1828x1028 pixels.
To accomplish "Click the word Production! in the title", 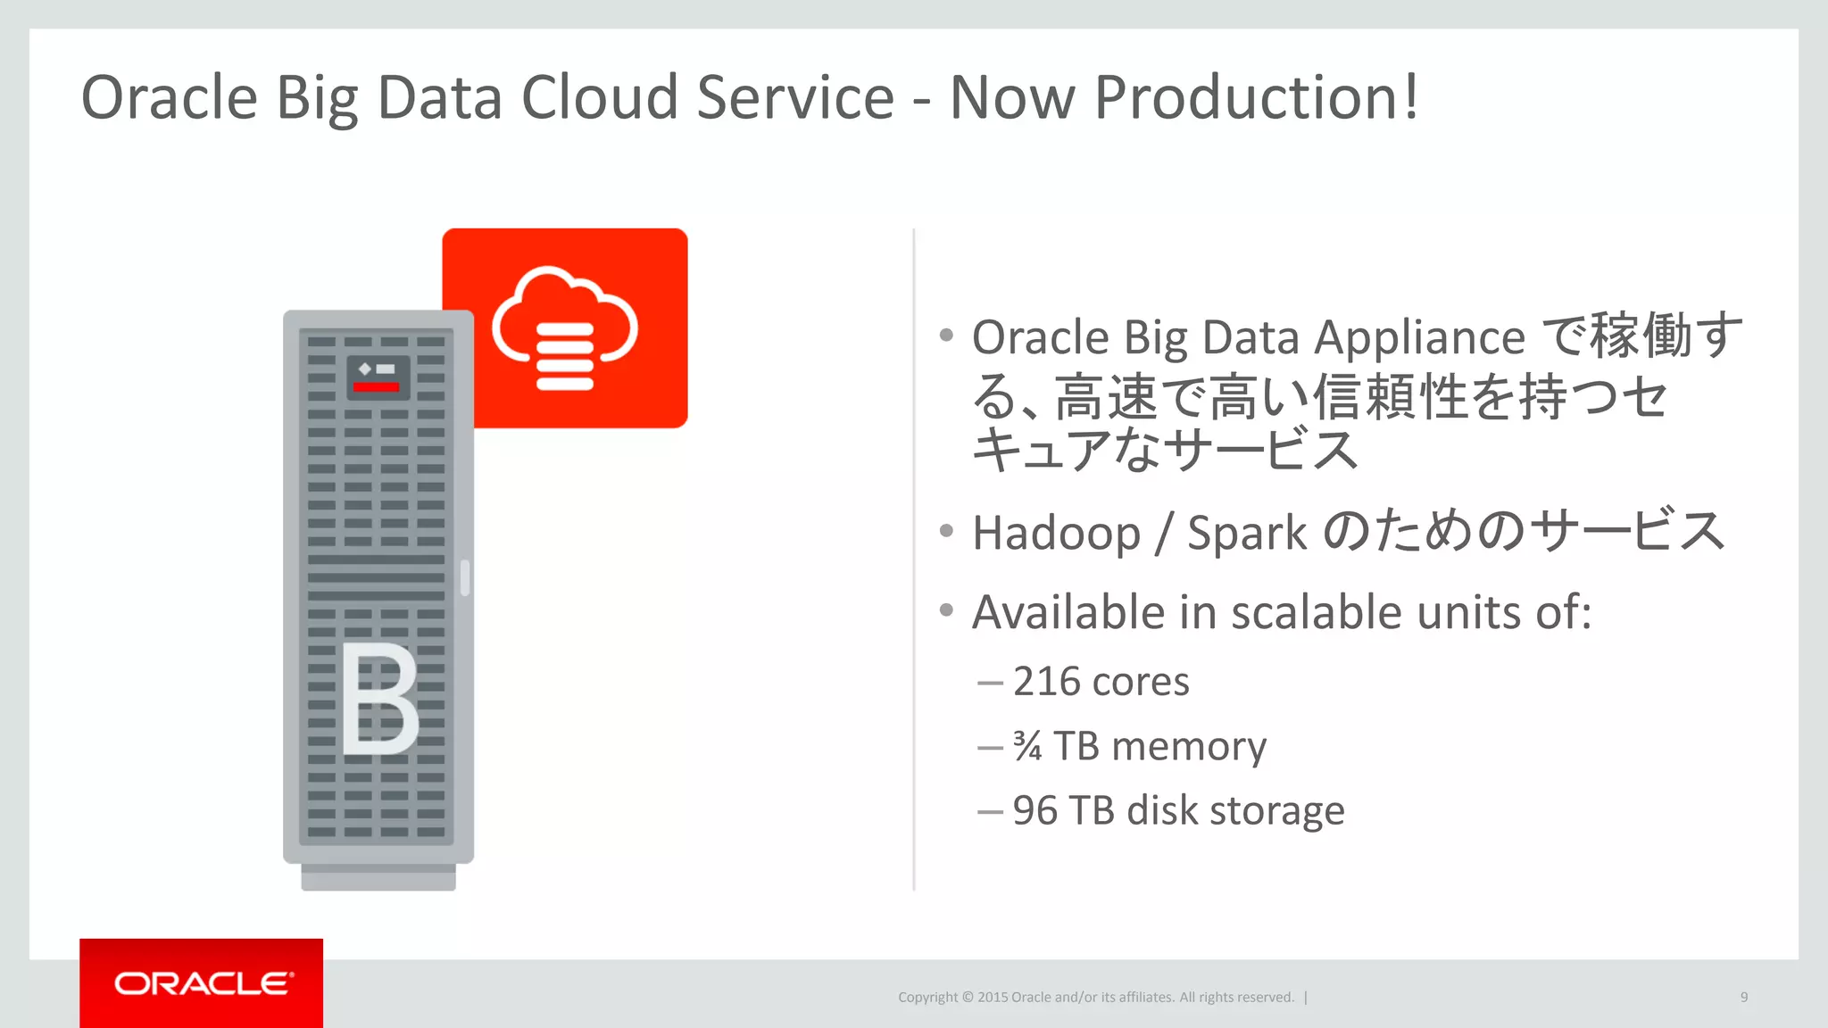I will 1256,98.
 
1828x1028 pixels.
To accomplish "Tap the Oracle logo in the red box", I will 203,983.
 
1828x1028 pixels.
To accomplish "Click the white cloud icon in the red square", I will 566,327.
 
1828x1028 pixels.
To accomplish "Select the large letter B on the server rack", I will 379,699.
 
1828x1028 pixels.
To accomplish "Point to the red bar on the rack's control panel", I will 376,387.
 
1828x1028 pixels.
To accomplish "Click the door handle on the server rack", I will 465,577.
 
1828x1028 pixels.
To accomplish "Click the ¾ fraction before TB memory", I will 1027,746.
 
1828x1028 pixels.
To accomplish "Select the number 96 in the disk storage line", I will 1034,811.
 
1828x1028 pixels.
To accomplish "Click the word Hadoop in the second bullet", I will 1056,534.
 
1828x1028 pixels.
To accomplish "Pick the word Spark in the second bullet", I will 1246,534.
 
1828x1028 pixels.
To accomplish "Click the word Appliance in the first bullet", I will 1419,338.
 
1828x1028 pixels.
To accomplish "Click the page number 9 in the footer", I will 1743,997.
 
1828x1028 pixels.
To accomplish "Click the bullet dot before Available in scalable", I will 946,610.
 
